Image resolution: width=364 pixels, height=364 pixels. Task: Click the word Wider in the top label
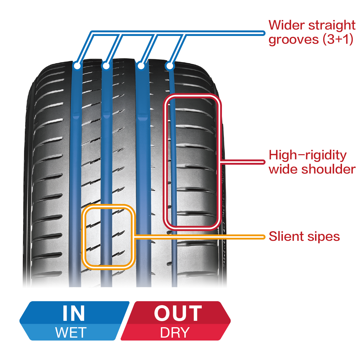click(x=286, y=25)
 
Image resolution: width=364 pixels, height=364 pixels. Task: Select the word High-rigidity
click(x=307, y=155)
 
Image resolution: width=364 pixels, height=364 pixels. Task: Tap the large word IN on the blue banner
click(x=74, y=313)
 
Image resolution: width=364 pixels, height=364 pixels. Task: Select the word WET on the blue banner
click(x=71, y=332)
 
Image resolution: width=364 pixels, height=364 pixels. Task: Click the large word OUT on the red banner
click(x=178, y=313)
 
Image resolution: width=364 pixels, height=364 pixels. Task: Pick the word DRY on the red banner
click(x=175, y=332)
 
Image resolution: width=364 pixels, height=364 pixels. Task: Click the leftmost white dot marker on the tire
click(x=77, y=66)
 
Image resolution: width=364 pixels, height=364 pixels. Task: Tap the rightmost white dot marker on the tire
click(x=170, y=66)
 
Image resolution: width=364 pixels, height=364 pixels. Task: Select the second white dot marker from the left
click(x=106, y=66)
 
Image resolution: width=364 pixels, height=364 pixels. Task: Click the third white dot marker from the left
click(x=141, y=66)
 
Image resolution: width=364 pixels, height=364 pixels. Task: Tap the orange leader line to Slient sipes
click(x=203, y=237)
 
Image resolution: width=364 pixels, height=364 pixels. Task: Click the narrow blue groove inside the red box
click(x=173, y=162)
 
